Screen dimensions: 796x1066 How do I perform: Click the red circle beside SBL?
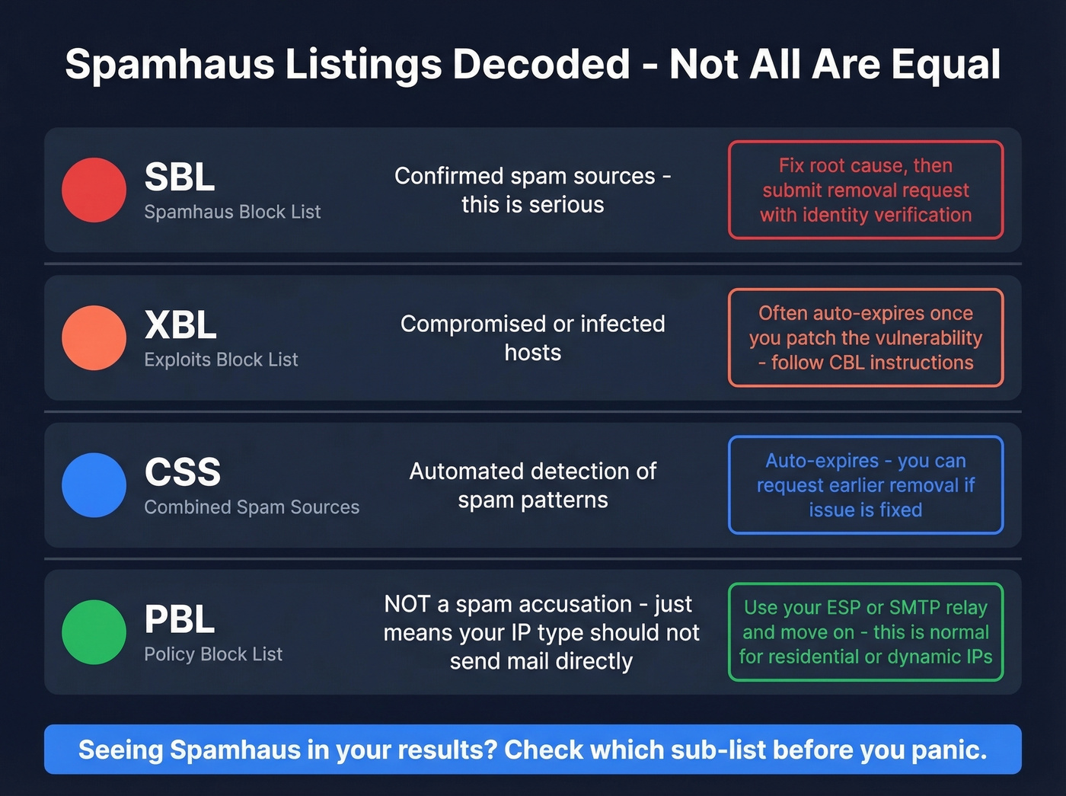(94, 190)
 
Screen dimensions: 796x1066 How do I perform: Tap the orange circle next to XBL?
(94, 337)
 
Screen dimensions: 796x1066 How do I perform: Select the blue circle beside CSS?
(94, 485)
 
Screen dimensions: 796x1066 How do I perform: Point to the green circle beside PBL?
(94, 632)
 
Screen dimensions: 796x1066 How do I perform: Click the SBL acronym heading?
(180, 177)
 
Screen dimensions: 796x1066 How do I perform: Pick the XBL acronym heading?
(180, 325)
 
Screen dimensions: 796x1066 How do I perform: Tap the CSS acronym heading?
(183, 472)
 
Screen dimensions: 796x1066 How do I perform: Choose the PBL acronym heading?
(180, 619)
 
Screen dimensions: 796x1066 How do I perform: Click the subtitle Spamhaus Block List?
(232, 212)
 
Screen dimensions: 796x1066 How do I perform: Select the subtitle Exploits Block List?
(221, 360)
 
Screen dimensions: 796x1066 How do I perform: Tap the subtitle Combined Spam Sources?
(251, 507)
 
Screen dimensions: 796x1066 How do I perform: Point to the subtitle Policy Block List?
(213, 654)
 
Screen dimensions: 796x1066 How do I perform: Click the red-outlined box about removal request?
(866, 190)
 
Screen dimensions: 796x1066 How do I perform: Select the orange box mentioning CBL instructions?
(866, 337)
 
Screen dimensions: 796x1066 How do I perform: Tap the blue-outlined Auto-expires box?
(866, 485)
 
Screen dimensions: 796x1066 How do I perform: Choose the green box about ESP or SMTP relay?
(866, 632)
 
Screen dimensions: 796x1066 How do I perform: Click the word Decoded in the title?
(541, 65)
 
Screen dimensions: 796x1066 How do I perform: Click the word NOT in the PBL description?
(407, 604)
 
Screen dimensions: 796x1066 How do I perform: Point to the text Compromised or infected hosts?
(533, 338)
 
